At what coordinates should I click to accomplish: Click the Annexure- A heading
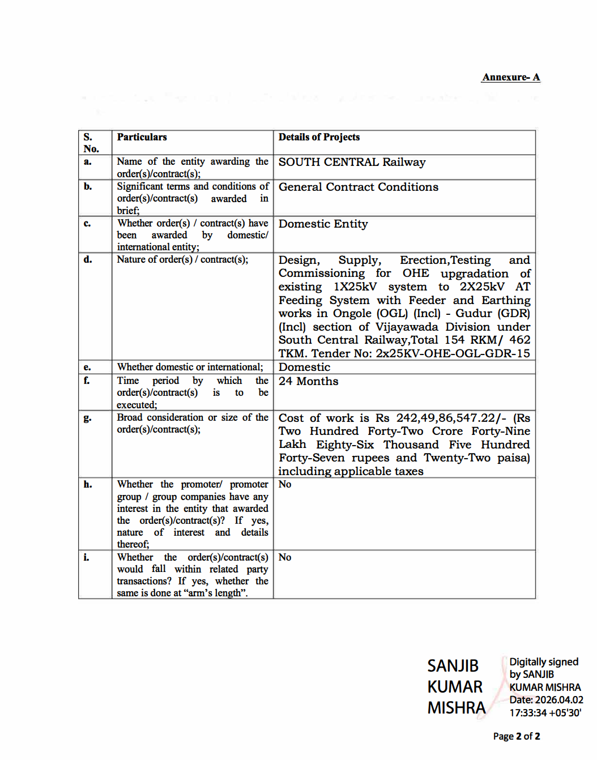click(510, 77)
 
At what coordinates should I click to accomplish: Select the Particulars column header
click(142, 137)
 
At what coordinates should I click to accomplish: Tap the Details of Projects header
click(319, 137)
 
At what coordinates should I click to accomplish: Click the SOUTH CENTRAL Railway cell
click(352, 162)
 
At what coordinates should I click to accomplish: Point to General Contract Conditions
click(358, 187)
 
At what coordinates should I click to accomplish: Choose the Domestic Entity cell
click(323, 224)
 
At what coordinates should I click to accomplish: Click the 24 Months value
click(308, 381)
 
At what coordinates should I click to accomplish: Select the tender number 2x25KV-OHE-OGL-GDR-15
click(453, 353)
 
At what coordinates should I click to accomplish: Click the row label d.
click(88, 259)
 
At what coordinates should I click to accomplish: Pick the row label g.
click(87, 418)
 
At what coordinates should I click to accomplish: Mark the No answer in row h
click(285, 484)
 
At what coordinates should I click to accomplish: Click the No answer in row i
click(285, 557)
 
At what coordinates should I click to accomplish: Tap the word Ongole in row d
click(352, 313)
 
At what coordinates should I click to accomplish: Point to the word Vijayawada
click(406, 327)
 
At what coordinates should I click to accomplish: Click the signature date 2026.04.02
click(558, 700)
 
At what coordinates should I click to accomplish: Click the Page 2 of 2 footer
click(516, 736)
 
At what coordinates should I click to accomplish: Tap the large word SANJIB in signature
click(453, 665)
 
